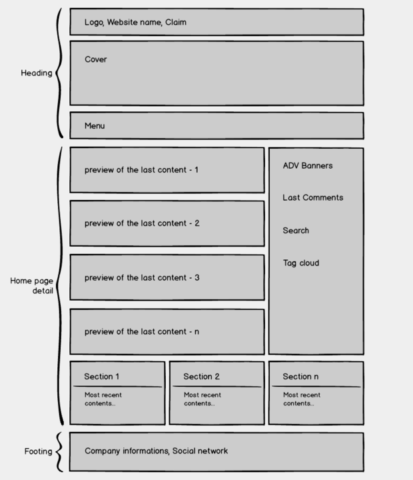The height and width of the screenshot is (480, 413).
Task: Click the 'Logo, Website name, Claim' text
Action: point(135,23)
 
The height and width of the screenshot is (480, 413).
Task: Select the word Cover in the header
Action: point(96,59)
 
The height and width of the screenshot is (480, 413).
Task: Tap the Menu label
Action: point(95,126)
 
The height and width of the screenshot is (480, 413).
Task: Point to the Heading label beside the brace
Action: point(37,73)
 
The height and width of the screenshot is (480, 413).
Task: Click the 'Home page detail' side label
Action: point(31,285)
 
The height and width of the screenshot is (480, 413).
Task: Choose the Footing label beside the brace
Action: point(38,451)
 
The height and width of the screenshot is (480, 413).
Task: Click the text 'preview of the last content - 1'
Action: point(141,170)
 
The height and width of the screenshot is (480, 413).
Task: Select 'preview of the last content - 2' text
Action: point(142,223)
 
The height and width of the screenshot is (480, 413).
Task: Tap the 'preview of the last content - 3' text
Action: point(142,277)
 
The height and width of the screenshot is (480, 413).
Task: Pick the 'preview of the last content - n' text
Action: point(142,331)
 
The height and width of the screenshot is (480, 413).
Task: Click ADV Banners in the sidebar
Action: point(308,165)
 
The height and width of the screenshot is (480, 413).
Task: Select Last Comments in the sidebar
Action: point(313,198)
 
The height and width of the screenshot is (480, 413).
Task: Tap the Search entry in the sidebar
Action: point(296,231)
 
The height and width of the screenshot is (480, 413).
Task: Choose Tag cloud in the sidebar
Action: point(301,263)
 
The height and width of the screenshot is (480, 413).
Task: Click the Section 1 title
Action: point(101,377)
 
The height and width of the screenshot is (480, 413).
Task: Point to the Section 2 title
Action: point(202,377)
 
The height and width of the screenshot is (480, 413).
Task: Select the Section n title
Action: point(300,377)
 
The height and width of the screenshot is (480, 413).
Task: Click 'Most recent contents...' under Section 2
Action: point(203,399)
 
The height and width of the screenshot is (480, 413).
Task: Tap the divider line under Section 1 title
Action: point(117,387)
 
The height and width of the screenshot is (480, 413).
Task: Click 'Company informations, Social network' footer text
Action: point(157,451)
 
